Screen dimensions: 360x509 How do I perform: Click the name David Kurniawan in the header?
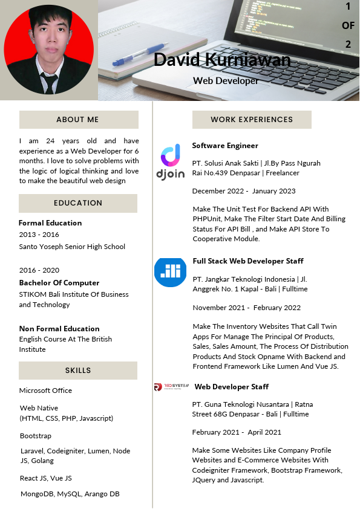click(x=222, y=60)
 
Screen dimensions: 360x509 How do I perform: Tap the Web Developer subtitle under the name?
click(x=226, y=80)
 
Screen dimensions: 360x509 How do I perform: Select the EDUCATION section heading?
click(x=78, y=203)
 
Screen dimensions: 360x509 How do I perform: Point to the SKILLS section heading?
click(x=78, y=371)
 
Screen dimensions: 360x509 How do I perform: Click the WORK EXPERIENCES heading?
click(x=252, y=120)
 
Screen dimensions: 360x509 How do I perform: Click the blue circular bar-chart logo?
click(x=170, y=271)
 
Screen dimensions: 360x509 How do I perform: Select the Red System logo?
click(x=171, y=387)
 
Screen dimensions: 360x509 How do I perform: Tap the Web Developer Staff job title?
click(x=232, y=387)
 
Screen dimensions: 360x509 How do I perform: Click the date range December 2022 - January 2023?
click(x=244, y=191)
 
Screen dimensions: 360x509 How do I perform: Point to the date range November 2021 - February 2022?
click(x=246, y=308)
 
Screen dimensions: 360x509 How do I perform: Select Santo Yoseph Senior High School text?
click(x=72, y=247)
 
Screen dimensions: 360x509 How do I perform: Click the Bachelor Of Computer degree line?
click(x=59, y=283)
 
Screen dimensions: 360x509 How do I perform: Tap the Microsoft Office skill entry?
click(x=45, y=391)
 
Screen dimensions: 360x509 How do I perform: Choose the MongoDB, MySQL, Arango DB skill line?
click(x=70, y=494)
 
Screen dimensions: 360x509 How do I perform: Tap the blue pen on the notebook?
click(x=140, y=54)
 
